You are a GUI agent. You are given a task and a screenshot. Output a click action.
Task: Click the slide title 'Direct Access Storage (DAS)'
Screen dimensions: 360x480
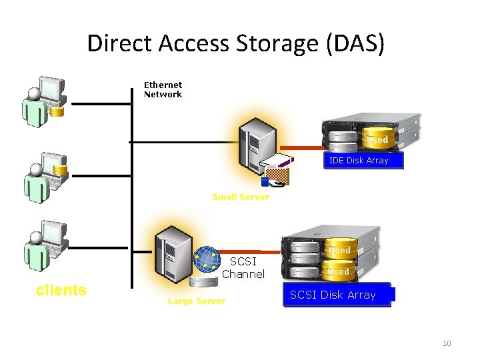pos(236,43)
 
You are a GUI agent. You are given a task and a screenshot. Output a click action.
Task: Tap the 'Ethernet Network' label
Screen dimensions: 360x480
pos(163,89)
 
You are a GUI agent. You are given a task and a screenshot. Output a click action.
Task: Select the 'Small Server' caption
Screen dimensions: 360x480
pos(241,197)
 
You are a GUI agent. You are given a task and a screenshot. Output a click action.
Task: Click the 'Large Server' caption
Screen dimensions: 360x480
pos(196,301)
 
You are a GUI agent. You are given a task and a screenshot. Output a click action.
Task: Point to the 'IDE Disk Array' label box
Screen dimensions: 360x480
pos(359,161)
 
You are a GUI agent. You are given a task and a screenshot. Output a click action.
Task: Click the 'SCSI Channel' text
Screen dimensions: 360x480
pos(243,268)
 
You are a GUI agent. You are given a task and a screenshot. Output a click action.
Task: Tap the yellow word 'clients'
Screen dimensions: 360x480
pos(61,290)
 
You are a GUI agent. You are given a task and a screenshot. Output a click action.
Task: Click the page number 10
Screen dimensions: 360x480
pos(447,343)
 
